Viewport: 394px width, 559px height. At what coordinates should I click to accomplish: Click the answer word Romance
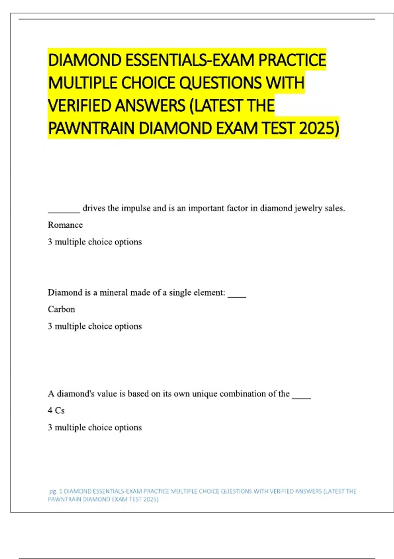point(65,225)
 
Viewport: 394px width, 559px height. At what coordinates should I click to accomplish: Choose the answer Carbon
point(61,309)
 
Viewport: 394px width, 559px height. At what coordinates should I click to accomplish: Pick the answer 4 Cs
point(56,410)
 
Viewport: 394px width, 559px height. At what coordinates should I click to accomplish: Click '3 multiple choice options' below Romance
point(95,242)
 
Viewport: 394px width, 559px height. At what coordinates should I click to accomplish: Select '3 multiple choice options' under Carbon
point(95,326)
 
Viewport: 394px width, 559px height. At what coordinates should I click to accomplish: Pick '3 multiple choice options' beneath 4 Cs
point(95,427)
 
